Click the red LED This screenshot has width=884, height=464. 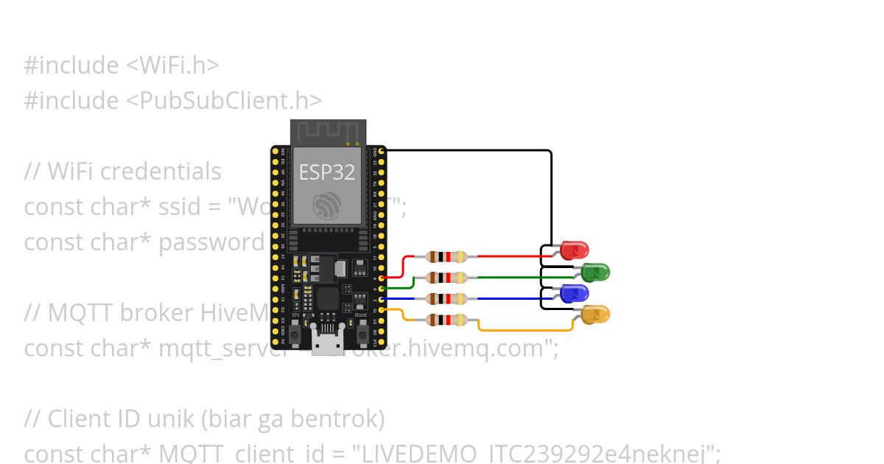click(574, 250)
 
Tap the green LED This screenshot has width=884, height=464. click(595, 273)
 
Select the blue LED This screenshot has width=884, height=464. click(574, 293)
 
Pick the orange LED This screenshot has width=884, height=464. click(595, 314)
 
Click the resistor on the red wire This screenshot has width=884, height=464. click(446, 257)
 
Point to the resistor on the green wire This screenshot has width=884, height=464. click(446, 278)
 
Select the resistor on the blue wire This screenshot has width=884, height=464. click(446, 298)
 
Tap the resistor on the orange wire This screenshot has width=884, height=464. click(446, 320)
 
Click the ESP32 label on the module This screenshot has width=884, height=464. click(326, 172)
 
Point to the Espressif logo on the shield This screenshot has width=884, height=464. click(327, 204)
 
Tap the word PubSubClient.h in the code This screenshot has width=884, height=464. click(226, 100)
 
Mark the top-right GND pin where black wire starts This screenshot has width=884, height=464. click(381, 150)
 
